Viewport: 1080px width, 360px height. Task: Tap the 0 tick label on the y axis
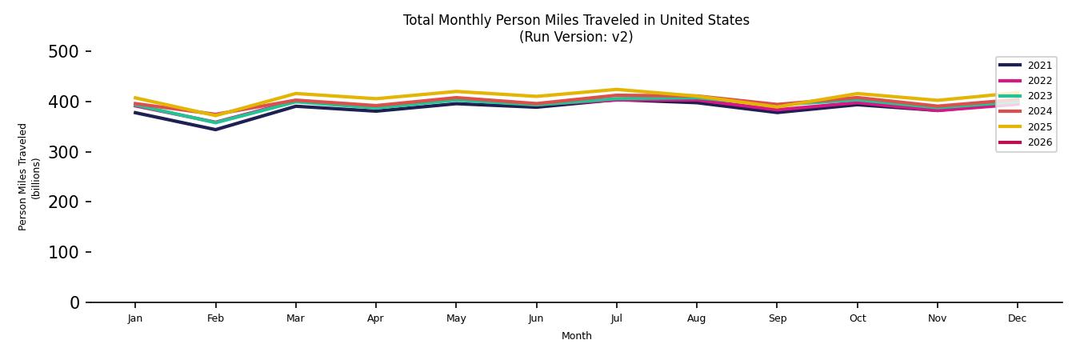[74, 302]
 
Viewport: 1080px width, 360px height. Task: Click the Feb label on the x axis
[215, 318]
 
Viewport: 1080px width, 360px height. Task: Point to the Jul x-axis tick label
[616, 318]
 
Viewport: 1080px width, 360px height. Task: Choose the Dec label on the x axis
[1017, 318]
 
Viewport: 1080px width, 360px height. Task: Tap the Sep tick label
[777, 318]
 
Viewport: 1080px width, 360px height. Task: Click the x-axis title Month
[576, 336]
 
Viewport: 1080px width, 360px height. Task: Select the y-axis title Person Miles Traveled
[23, 177]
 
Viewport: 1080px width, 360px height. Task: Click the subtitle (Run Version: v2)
[576, 37]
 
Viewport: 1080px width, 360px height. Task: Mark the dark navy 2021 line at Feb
[215, 130]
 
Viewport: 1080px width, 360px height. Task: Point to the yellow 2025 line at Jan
[135, 98]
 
